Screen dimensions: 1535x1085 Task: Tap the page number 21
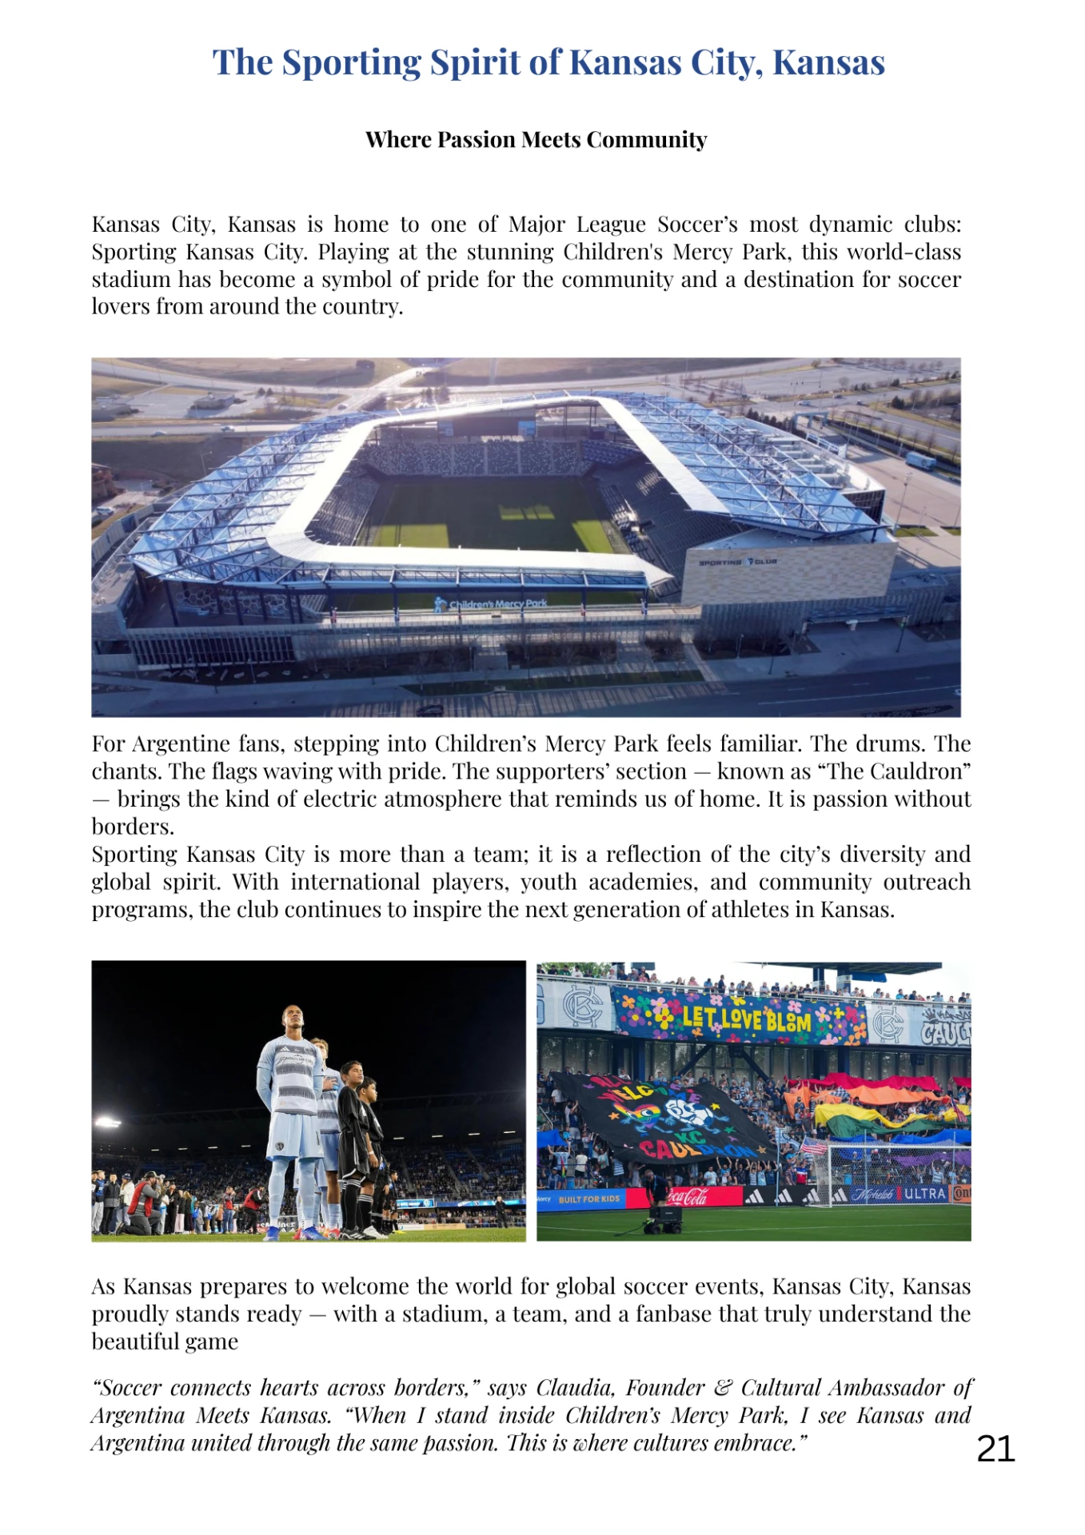995,1448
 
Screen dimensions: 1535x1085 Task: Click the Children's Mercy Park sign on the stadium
492,604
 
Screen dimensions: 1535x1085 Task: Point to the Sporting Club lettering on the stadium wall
737,562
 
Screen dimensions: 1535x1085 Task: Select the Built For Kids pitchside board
588,1198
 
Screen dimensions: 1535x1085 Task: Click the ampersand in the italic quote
722,1387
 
